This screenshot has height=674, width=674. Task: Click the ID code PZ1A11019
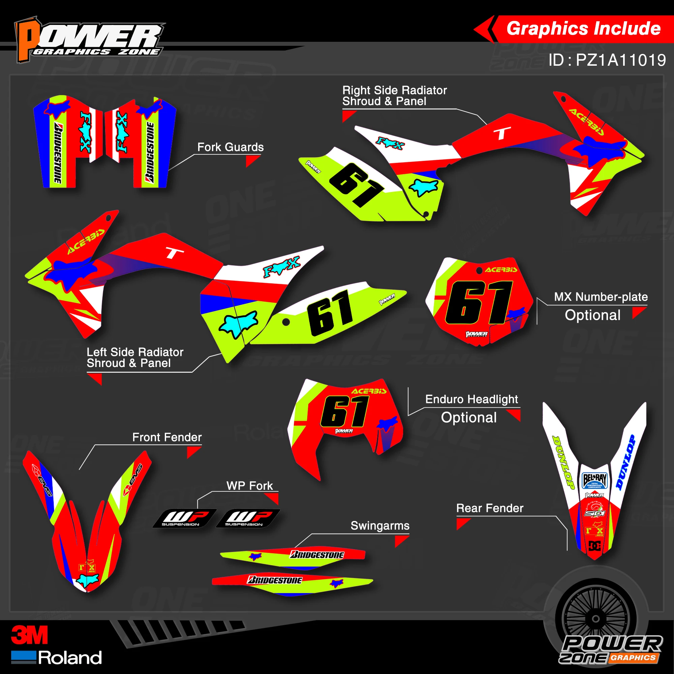tap(607, 60)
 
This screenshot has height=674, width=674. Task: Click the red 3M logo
tap(29, 635)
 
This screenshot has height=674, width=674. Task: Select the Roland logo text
tap(70, 658)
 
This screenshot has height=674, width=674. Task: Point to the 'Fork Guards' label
tap(230, 147)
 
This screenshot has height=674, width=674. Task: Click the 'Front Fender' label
tap(167, 437)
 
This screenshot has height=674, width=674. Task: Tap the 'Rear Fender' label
tap(490, 508)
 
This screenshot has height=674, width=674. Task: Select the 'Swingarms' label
tap(380, 526)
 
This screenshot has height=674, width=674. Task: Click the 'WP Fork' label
tap(249, 486)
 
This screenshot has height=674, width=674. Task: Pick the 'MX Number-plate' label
tap(601, 297)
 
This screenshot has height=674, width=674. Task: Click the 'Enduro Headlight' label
tap(472, 399)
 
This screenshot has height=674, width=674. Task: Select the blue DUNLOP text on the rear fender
tap(625, 462)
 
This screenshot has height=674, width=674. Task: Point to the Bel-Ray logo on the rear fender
tap(594, 480)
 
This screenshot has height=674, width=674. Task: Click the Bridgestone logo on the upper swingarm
tap(317, 555)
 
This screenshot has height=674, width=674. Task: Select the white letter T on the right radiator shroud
tap(502, 133)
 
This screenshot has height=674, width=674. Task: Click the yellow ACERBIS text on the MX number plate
tap(501, 270)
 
